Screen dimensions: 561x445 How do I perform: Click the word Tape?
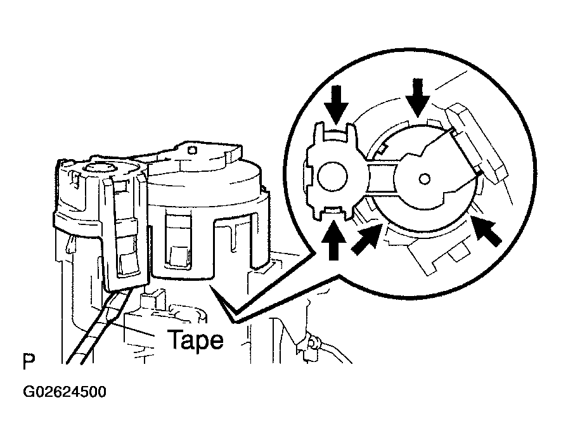[195, 340]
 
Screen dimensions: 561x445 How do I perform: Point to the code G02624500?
[65, 392]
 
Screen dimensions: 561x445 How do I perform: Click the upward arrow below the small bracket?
[334, 240]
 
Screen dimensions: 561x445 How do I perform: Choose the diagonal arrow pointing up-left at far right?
[486, 231]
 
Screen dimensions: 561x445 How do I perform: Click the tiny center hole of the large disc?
[424, 177]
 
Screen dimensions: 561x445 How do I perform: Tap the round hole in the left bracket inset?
[332, 176]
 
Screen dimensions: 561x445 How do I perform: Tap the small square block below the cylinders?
[150, 296]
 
